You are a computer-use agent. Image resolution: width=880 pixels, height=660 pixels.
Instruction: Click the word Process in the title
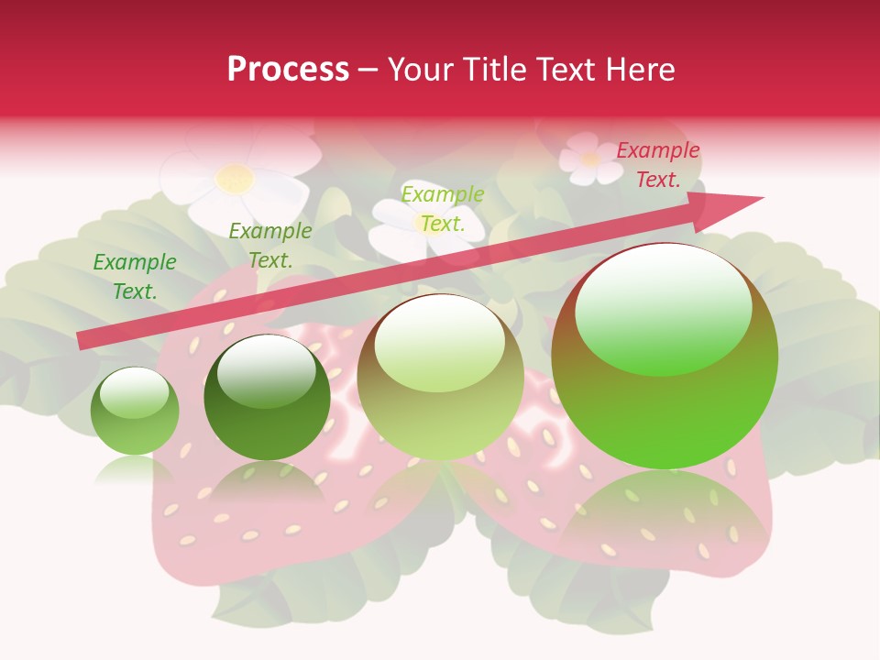point(288,70)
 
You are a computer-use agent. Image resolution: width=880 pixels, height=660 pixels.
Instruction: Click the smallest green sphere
point(135,412)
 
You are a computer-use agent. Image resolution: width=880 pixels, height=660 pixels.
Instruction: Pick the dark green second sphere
point(267,399)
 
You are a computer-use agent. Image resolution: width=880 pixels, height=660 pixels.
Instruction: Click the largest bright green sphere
point(665,357)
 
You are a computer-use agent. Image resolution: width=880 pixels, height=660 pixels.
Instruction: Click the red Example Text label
point(658,165)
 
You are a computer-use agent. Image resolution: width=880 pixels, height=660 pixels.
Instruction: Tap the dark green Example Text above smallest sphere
point(135,277)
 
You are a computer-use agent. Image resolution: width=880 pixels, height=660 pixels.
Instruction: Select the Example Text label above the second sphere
point(270,246)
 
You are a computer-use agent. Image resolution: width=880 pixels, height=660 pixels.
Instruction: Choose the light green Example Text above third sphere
point(443,208)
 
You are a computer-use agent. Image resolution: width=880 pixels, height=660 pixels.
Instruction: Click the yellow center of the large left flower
point(235,178)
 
